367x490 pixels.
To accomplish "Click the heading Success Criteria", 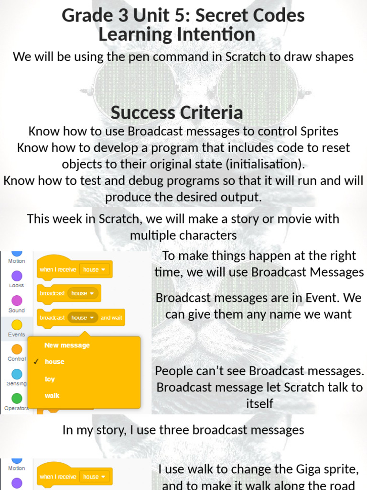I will click(x=177, y=113).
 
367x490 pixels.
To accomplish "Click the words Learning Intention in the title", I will click(x=176, y=34).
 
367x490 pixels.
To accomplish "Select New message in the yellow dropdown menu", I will click(x=67, y=345).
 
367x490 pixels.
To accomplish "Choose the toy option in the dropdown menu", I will click(x=50, y=379).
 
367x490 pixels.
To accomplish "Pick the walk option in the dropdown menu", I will click(x=52, y=396).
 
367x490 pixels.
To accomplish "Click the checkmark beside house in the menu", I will click(x=36, y=362).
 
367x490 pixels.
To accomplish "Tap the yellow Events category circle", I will click(x=17, y=325).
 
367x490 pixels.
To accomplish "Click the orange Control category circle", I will click(x=17, y=349).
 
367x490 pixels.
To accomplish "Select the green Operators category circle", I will click(x=17, y=398).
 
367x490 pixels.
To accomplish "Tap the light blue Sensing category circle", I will click(x=17, y=374).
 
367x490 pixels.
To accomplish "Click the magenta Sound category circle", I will click(x=17, y=301).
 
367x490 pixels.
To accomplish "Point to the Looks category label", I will click(x=16, y=285).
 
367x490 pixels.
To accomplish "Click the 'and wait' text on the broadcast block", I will click(x=111, y=317).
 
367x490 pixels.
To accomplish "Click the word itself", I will click(x=259, y=403).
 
